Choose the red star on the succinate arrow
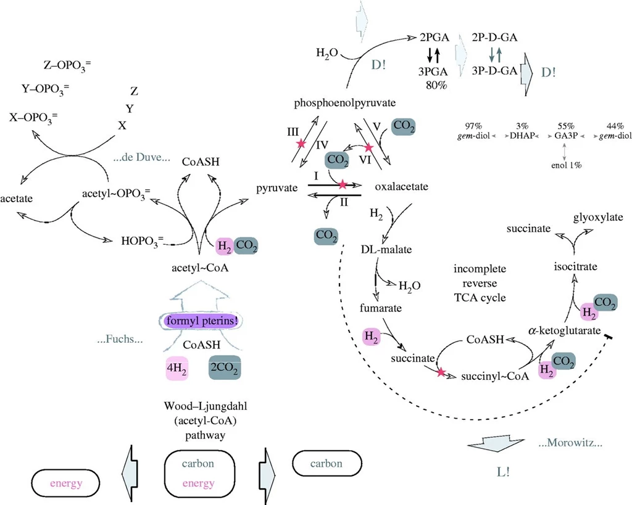coord(441,372)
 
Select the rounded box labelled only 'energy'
coord(65,483)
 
